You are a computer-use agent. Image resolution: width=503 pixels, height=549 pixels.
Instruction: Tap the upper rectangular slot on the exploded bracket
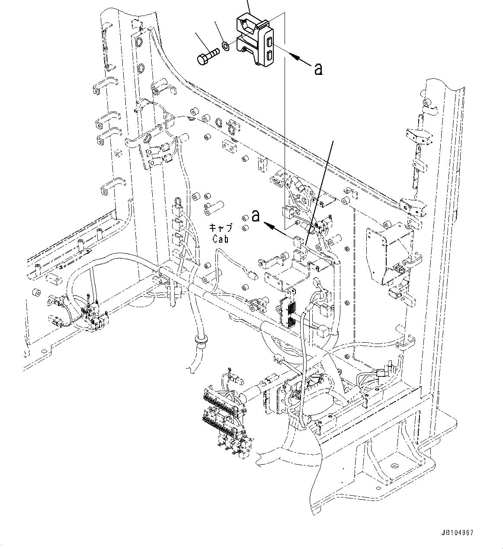269,42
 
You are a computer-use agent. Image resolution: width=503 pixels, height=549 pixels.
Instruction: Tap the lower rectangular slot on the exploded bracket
269,56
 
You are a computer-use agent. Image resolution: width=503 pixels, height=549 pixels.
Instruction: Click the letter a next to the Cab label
256,215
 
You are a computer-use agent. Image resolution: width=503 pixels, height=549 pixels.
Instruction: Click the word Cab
220,238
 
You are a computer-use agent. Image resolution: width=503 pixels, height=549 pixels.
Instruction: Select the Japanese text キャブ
221,228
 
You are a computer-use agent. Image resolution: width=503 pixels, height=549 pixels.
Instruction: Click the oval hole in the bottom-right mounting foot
394,466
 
